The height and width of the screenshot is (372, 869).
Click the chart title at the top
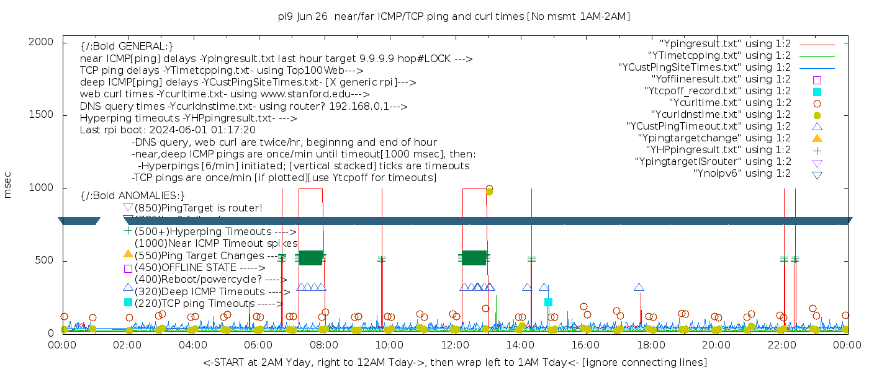point(454,17)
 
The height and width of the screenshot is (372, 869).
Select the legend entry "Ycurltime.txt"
point(729,103)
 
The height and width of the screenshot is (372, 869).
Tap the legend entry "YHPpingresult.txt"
point(718,149)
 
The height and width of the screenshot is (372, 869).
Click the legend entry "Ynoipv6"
point(742,173)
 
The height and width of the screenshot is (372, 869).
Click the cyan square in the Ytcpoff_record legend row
point(817,92)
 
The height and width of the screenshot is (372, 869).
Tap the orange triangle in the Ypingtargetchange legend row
point(817,138)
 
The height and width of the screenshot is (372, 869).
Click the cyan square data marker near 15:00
point(548,302)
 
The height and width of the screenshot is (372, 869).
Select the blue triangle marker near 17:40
point(639,287)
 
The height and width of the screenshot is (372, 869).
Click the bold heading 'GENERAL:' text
point(127,46)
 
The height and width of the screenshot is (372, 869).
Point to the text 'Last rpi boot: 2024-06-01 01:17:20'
point(168,130)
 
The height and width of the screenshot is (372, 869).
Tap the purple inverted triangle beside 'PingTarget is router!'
point(128,208)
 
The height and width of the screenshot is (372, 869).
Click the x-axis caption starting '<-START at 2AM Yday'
point(454,362)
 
